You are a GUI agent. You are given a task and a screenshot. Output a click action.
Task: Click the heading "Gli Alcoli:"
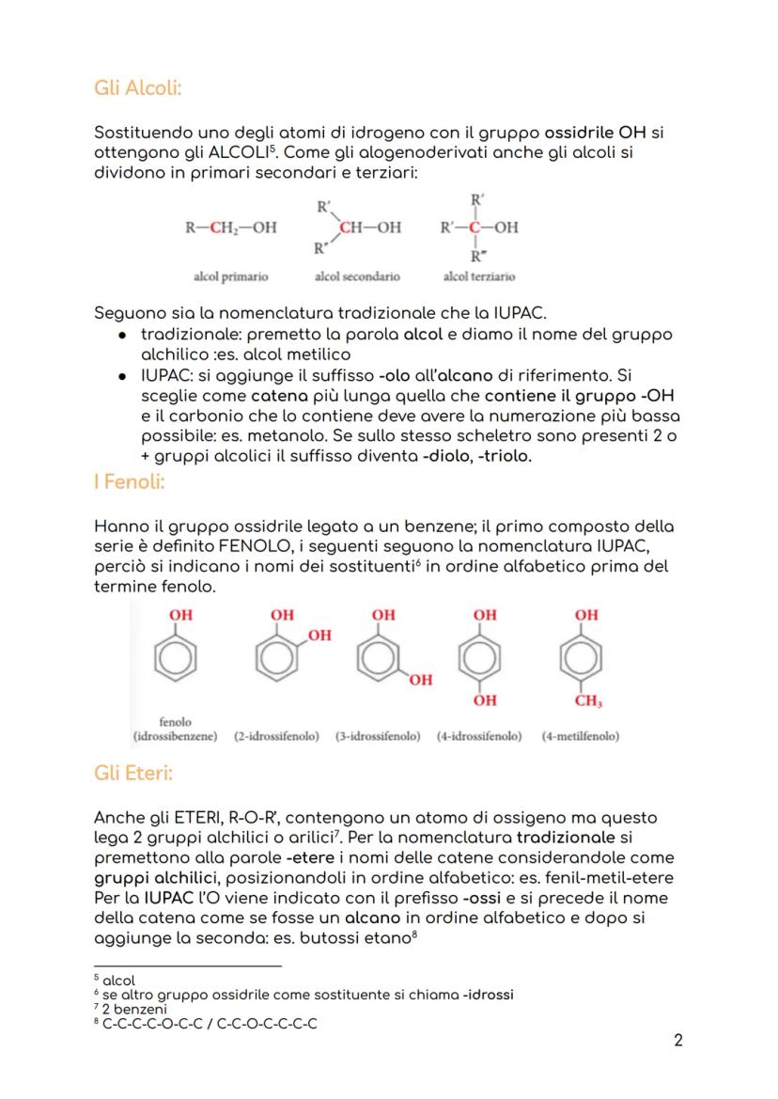[138, 88]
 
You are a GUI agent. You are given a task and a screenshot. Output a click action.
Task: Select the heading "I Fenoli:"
[130, 482]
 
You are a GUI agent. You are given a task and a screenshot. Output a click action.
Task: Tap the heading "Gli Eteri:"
[133, 774]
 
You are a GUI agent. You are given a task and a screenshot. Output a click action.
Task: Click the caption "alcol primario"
[231, 276]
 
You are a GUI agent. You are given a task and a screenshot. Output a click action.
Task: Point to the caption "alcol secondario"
[357, 276]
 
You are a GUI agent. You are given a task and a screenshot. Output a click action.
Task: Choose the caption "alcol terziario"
[479, 276]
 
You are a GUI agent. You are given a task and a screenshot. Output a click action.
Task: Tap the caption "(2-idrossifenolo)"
[276, 736]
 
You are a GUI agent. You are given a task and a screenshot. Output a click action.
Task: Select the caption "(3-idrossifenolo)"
[378, 736]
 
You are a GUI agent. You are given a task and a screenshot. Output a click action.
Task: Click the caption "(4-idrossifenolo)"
[479, 736]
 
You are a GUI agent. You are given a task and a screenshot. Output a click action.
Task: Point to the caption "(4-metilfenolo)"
[581, 736]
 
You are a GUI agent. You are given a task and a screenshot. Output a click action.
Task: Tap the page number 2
[678, 1041]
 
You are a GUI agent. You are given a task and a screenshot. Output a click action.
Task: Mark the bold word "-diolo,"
[452, 456]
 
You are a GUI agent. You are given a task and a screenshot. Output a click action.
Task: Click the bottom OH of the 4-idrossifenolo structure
[485, 701]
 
